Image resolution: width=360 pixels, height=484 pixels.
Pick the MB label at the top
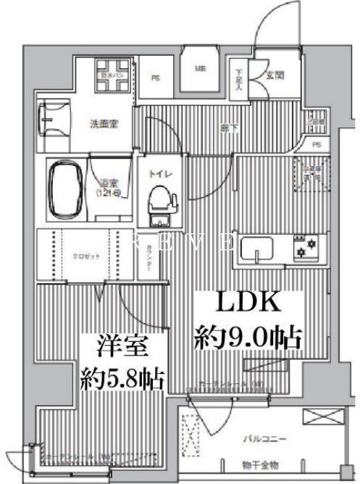pos(199,70)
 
